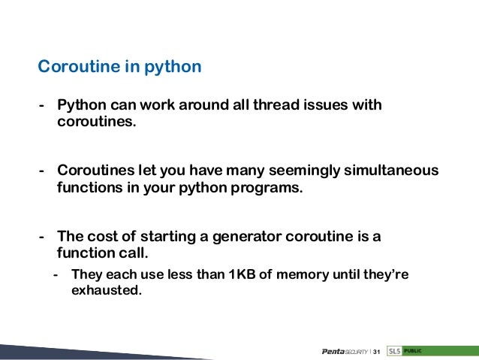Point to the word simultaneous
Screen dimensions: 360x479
pyautogui.click(x=390, y=171)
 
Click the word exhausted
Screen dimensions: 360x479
pyautogui.click(x=106, y=289)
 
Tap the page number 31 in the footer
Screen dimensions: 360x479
pyautogui.click(x=377, y=352)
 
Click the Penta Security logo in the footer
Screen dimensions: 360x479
pyautogui.click(x=344, y=352)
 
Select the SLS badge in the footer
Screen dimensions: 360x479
pyautogui.click(x=394, y=351)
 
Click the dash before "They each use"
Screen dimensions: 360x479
pyautogui.click(x=57, y=274)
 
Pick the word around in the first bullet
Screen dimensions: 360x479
pyautogui.click(x=204, y=104)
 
